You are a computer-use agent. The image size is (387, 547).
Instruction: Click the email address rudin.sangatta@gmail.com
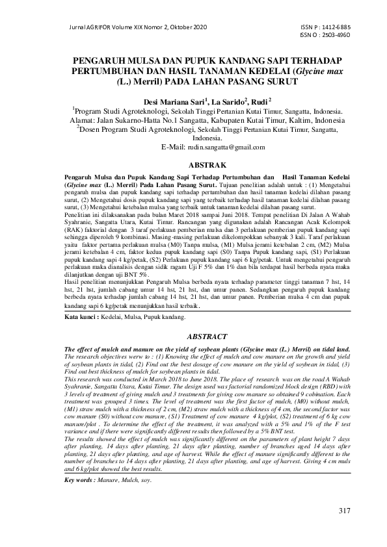[x=215, y=148]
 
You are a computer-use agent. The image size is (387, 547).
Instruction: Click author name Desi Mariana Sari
[x=174, y=102]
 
